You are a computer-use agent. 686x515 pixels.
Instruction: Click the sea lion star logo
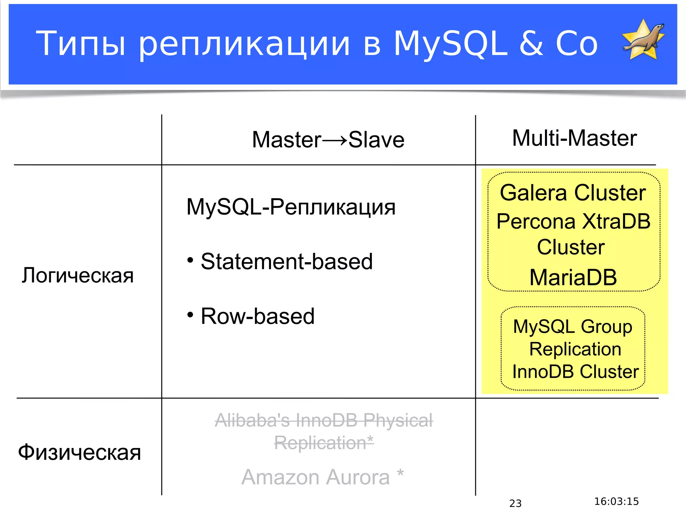coord(643,40)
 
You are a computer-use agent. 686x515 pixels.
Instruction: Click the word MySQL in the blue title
coord(451,44)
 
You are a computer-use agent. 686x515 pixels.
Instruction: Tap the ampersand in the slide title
coord(532,44)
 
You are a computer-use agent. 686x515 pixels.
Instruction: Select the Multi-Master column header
coord(574,138)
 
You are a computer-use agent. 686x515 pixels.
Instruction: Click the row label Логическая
coord(78,275)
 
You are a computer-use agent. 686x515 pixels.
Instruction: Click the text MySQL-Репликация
coord(291,207)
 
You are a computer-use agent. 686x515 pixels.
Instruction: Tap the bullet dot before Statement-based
coord(190,260)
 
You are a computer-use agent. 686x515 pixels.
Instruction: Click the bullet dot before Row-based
coord(190,315)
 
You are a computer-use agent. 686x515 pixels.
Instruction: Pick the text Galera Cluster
coord(573,193)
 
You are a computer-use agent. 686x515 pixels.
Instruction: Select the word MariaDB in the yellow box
coord(573,277)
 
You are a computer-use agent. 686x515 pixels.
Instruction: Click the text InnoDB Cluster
coord(575,371)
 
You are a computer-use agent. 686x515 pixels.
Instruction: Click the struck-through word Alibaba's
coord(252,420)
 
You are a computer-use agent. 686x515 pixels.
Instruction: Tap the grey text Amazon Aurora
coord(316,477)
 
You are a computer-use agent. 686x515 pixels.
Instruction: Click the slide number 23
coord(515,503)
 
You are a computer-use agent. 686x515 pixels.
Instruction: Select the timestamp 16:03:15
coord(616,502)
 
